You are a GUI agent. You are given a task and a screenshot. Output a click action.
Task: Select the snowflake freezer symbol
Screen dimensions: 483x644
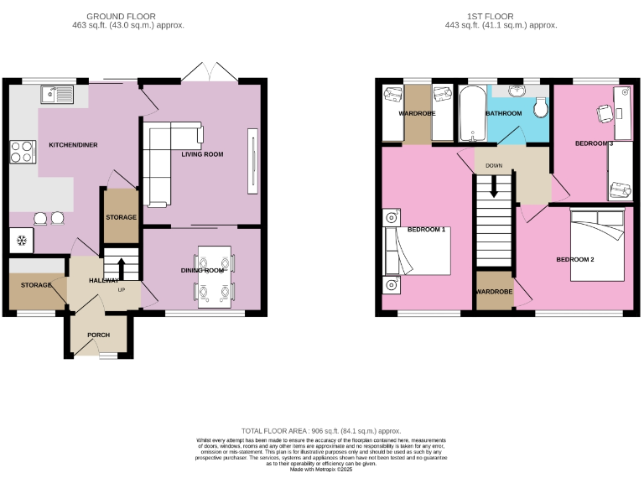21,240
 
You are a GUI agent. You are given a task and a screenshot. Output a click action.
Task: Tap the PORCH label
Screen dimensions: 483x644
98,335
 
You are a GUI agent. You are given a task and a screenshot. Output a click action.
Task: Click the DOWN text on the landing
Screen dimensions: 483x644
494,166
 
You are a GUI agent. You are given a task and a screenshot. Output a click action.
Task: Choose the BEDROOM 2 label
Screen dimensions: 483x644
575,260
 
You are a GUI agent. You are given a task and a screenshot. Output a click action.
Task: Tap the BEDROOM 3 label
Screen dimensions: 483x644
594,143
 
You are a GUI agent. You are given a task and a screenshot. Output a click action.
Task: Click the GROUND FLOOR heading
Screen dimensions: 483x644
128,16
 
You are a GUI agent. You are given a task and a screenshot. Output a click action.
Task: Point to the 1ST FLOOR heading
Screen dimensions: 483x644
491,16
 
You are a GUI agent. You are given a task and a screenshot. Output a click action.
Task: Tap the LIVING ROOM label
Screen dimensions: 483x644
202,154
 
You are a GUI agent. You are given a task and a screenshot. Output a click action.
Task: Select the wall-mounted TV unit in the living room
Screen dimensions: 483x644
248,159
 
